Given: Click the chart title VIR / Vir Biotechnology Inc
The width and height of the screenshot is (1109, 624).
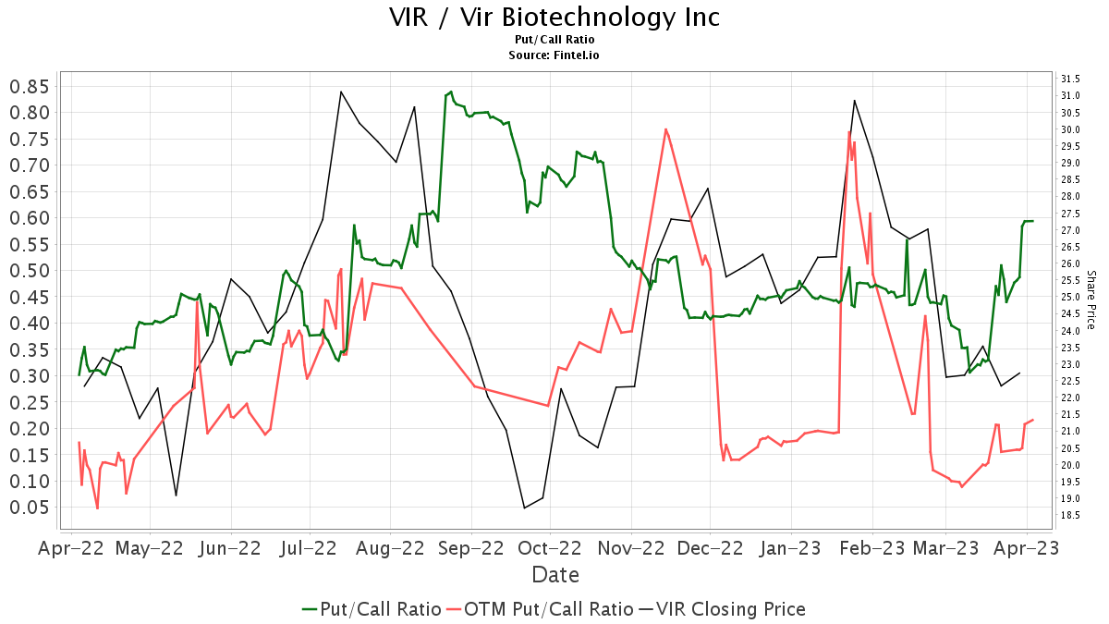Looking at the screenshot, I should tap(554, 18).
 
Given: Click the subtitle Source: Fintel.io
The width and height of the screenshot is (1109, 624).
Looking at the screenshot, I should tap(554, 55).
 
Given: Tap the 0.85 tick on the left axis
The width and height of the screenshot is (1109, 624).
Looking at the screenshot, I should tap(29, 87).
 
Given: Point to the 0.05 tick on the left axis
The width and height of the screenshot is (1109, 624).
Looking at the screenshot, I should tap(29, 508).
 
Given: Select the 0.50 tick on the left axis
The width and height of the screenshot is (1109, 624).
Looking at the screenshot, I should tap(29, 271).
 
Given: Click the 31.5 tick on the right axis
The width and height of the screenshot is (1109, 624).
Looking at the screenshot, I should tap(1071, 79).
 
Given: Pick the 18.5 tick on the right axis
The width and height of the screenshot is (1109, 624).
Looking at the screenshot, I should tap(1071, 515).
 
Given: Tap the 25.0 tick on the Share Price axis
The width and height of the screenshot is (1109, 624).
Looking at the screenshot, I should tap(1071, 297).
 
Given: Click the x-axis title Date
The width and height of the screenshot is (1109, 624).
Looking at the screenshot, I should tap(555, 575).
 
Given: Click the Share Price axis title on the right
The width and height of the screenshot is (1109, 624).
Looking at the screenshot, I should tap(1091, 300).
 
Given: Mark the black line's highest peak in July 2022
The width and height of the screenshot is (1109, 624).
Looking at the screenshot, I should tap(341, 92).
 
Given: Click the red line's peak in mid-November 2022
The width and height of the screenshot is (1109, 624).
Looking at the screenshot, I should tap(665, 129).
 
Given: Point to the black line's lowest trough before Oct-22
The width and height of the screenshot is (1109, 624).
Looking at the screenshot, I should tap(525, 508).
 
